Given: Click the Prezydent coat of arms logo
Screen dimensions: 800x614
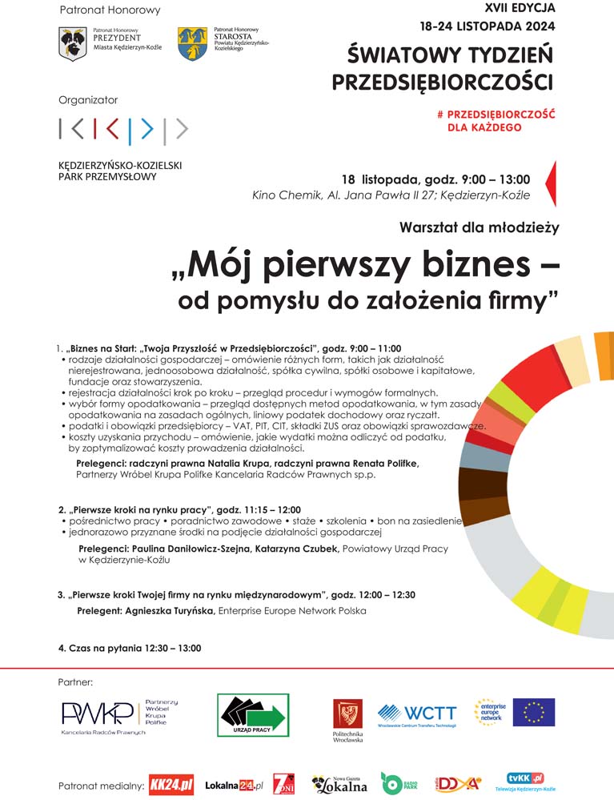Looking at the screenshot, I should [x=72, y=43].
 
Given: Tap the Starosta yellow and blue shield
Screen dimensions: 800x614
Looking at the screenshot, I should [x=191, y=43].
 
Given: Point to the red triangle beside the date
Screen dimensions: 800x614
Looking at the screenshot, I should [x=550, y=183].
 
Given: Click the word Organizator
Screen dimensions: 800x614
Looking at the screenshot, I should [x=88, y=100].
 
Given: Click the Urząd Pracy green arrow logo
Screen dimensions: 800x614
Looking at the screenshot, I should [x=253, y=714].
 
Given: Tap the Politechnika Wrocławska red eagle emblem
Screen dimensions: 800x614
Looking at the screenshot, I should [x=347, y=713].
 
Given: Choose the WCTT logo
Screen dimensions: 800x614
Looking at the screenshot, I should [x=417, y=714].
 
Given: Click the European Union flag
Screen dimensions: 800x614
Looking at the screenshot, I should [x=534, y=712].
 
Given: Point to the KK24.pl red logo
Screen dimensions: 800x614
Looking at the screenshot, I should [x=172, y=785].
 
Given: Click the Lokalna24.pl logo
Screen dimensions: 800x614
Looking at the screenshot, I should [x=234, y=786].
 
